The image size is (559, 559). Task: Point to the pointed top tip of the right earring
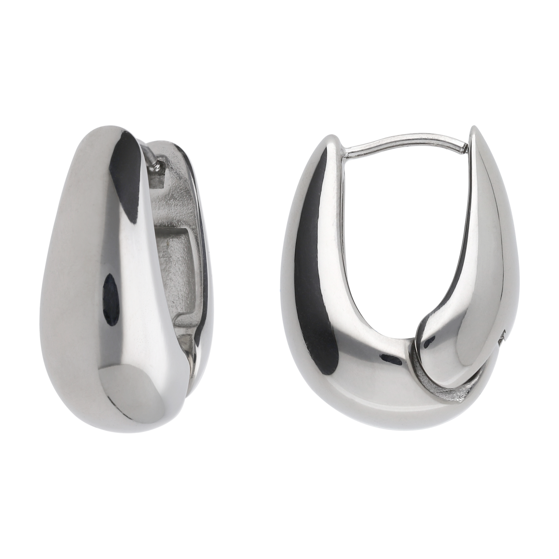pos(474,129)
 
